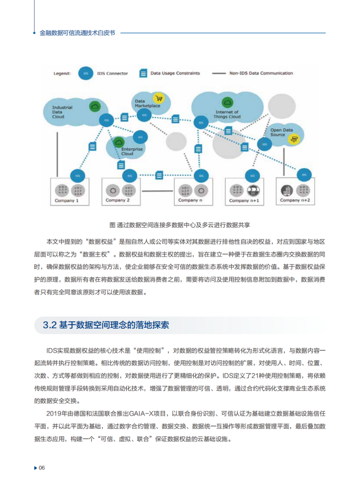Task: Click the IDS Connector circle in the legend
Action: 86,73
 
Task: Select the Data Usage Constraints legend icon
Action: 143,73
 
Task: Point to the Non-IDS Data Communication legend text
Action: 261,73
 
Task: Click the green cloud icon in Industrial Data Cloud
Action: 94,106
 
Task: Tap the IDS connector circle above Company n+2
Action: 304,175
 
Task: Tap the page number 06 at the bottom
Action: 42,467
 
